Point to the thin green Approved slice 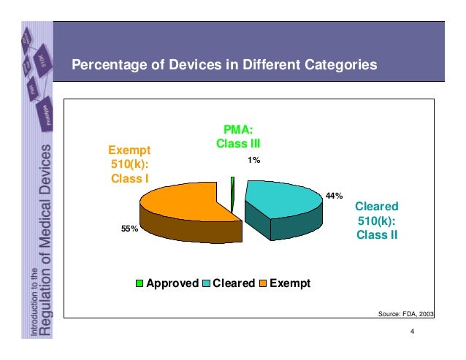(x=232, y=193)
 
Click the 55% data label (x=129, y=229)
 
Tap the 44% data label (x=335, y=196)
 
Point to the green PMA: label (x=238, y=130)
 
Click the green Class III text (x=238, y=144)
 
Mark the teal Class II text (x=376, y=234)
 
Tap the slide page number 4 (x=413, y=334)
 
